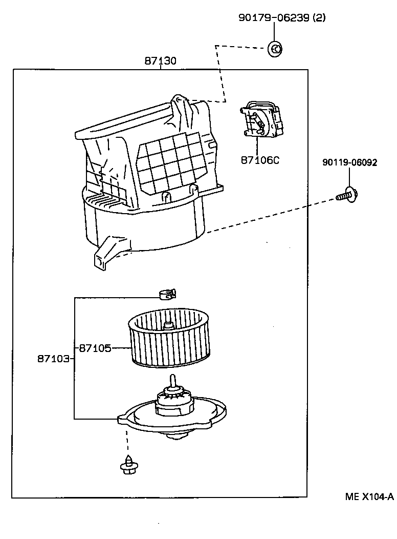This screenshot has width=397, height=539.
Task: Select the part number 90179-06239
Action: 274,18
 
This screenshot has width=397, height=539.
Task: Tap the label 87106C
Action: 260,160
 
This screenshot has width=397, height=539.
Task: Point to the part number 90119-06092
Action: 349,163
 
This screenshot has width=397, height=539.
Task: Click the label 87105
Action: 95,348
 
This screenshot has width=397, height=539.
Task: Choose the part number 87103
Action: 53,359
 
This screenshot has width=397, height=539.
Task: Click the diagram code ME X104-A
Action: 368,496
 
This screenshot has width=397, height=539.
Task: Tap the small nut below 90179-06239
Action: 275,49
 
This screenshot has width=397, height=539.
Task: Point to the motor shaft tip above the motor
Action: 173,379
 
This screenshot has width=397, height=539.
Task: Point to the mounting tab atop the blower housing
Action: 180,102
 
